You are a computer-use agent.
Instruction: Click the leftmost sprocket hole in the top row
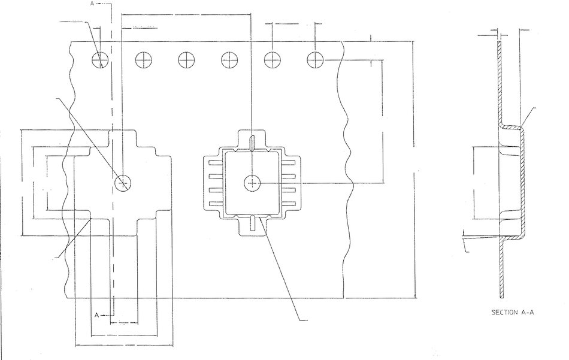pos(100,60)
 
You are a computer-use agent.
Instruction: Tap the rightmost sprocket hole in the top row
pos(315,59)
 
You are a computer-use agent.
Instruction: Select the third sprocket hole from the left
pos(186,60)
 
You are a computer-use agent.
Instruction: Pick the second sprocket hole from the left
pos(143,60)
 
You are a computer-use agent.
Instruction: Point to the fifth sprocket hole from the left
pos(272,59)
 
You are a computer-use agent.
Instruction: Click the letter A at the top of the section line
pos(92,4)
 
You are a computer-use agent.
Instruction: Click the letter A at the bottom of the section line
pos(97,315)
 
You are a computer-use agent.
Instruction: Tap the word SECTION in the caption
pos(504,312)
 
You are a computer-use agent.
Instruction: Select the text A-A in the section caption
pos(527,312)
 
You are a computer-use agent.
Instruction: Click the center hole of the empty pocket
pos(123,183)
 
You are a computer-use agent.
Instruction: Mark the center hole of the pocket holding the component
pos(252,183)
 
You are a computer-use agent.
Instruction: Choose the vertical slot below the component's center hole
pos(253,222)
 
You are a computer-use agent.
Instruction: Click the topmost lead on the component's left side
pos(215,163)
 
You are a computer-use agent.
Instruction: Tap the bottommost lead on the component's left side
pos(215,204)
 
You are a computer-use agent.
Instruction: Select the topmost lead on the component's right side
pos(289,163)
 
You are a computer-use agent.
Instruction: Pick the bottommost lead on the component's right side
pos(289,204)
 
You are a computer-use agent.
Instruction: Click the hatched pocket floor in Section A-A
pos(523,183)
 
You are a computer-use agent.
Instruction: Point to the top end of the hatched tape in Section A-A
pos(500,41)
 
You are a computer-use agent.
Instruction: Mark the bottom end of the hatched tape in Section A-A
pos(502,298)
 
